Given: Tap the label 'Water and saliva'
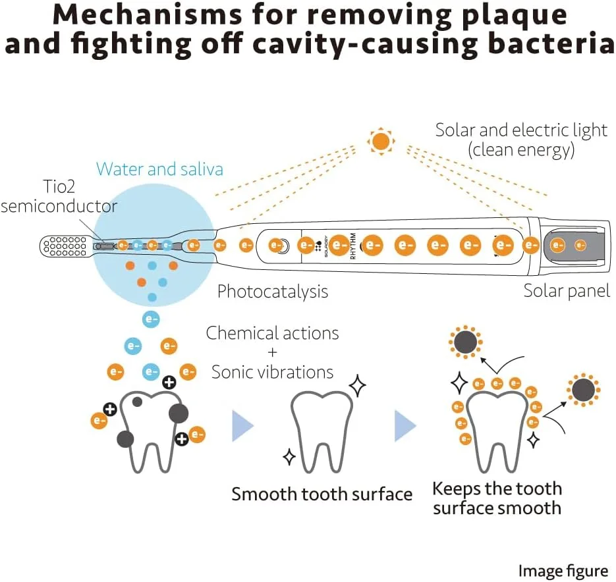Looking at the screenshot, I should [159, 169].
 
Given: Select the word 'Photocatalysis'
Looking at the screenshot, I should [273, 291].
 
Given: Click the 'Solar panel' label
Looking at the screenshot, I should [567, 290].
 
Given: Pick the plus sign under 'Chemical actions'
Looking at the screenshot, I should [273, 352].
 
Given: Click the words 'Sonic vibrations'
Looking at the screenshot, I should [273, 372].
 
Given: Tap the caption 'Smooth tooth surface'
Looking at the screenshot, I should [322, 494].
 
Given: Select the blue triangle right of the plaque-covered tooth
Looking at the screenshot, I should [242, 426].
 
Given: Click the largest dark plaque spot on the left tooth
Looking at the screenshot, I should [179, 413].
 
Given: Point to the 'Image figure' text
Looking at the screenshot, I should [563, 571].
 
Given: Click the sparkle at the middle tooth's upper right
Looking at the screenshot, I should [357, 386].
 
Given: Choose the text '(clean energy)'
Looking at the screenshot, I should [521, 150].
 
